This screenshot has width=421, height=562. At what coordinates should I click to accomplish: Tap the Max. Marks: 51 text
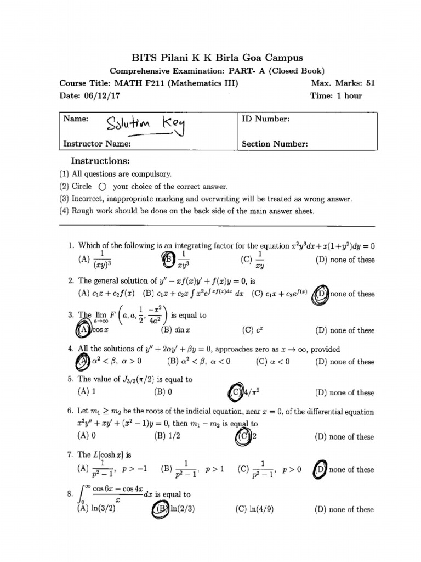click(342, 83)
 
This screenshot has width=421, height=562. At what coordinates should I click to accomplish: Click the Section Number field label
click(275, 144)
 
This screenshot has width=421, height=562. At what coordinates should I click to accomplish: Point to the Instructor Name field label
click(97, 144)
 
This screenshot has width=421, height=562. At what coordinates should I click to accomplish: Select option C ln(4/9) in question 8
click(254, 509)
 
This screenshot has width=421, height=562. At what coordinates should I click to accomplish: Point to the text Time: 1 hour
click(335, 95)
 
